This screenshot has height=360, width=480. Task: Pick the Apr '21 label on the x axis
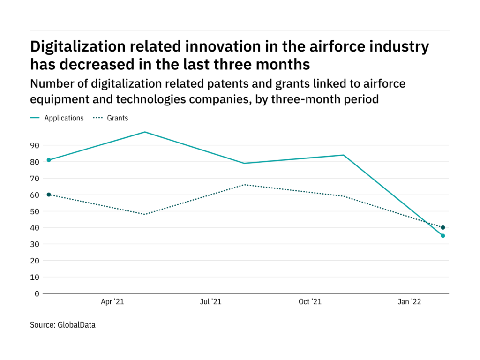113,302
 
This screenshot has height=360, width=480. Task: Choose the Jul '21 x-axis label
211,302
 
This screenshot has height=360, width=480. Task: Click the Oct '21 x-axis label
310,302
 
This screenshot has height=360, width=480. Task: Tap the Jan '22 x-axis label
410,302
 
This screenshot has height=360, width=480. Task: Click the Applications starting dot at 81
49,160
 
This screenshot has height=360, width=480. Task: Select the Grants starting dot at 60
49,195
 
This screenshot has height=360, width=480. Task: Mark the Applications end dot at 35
443,236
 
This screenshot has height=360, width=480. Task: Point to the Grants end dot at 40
443,227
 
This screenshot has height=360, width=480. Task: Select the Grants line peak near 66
245,185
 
